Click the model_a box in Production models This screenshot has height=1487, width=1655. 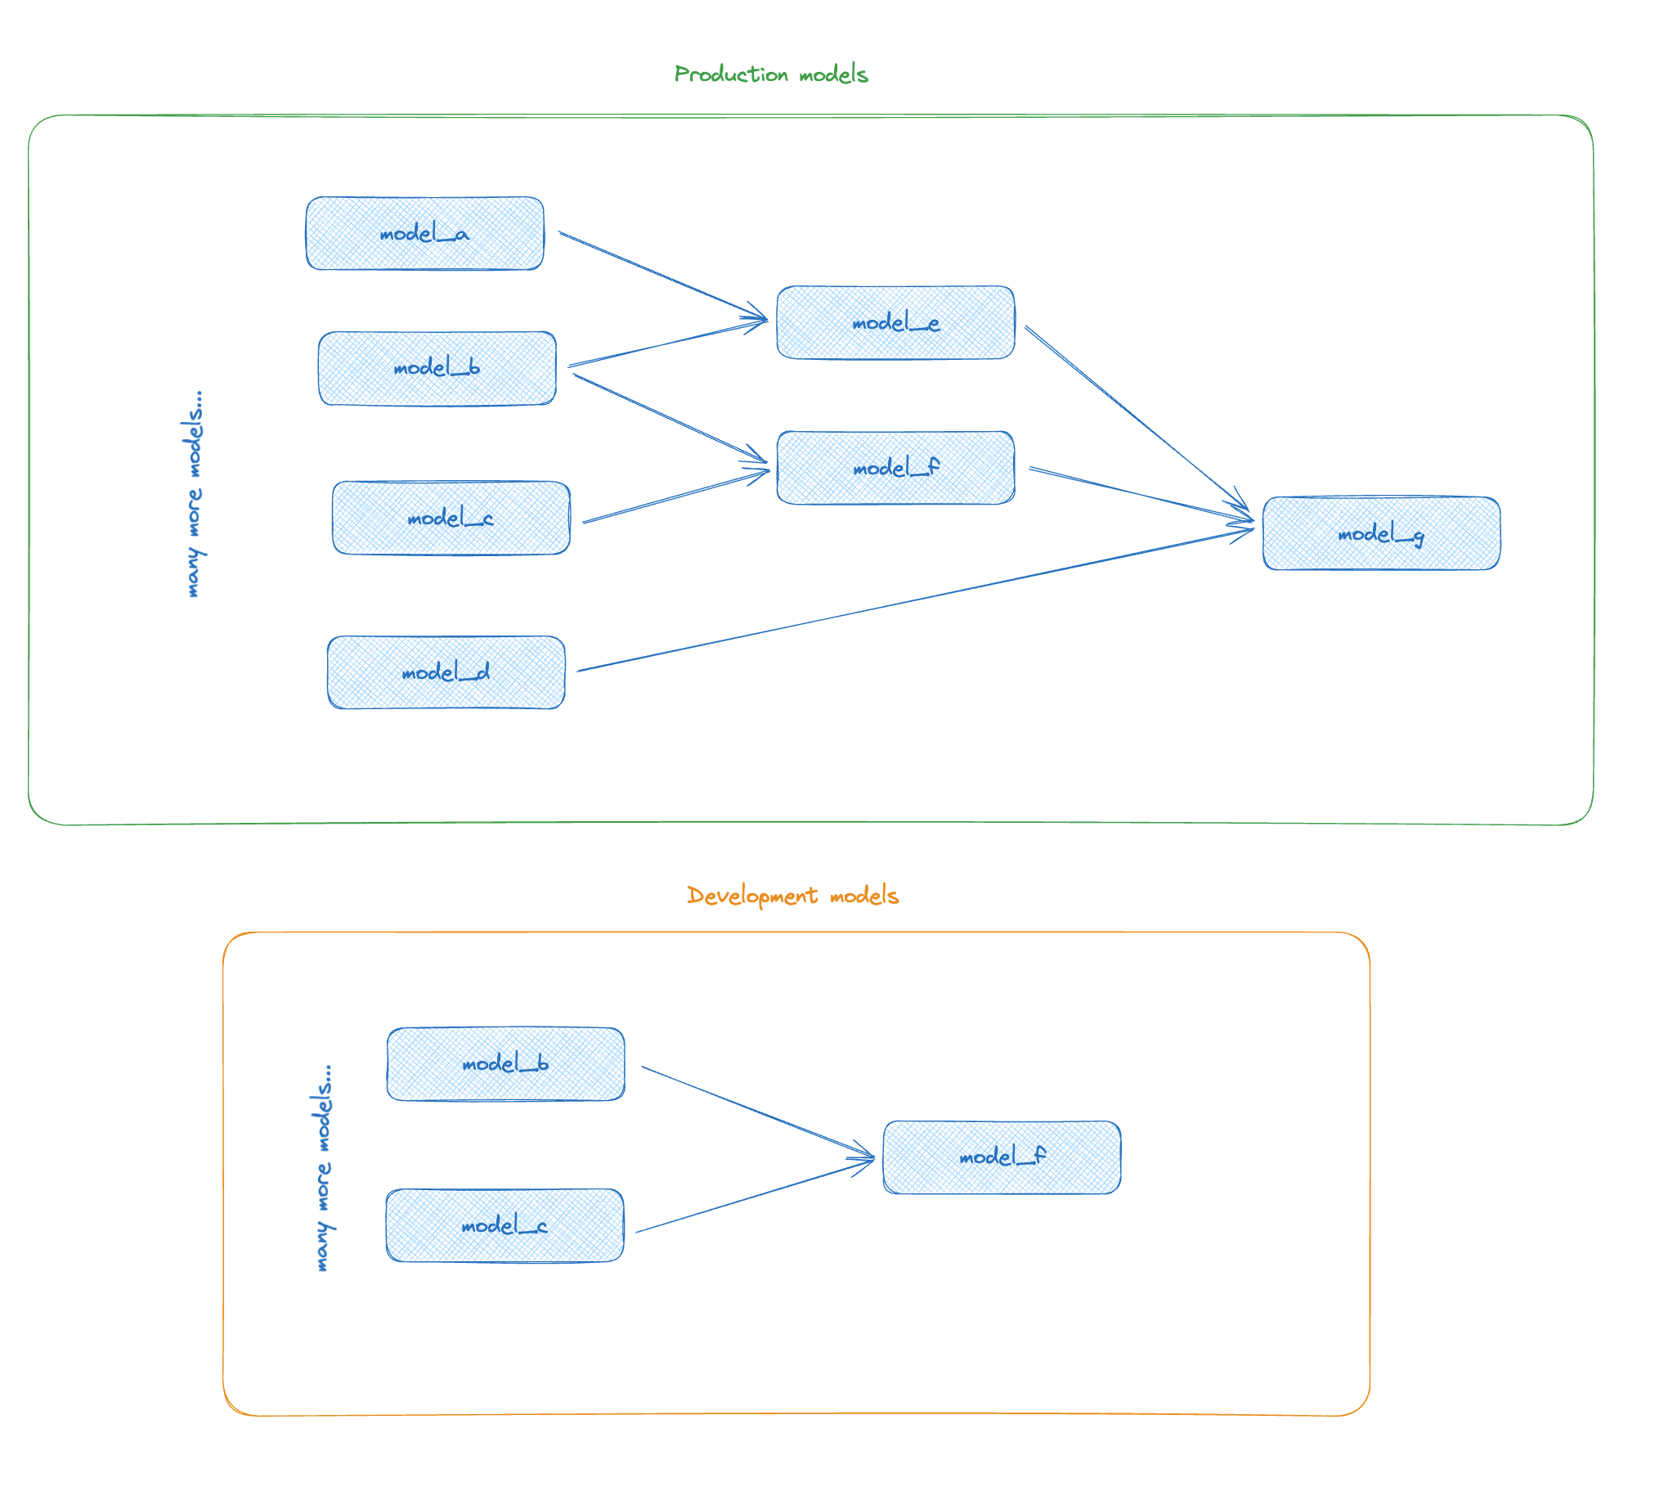[424, 233]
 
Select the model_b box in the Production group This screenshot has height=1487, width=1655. [437, 368]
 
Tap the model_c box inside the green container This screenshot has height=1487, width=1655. [451, 518]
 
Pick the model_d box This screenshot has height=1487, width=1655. [446, 672]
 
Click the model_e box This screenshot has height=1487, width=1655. [895, 322]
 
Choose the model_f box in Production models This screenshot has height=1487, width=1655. [895, 468]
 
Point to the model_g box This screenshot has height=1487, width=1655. [1381, 533]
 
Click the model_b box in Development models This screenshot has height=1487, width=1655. [505, 1064]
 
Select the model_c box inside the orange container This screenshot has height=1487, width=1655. [505, 1225]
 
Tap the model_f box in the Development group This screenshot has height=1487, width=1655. [1002, 1157]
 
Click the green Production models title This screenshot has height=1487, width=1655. [770, 74]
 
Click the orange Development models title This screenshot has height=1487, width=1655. [792, 896]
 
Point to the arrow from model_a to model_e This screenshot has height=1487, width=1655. [662, 275]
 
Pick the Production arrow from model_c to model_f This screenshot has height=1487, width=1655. [675, 496]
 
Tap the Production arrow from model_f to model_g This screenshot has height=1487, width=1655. [1140, 494]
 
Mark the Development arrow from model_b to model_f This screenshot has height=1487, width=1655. [757, 1112]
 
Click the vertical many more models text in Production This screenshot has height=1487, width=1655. [193, 494]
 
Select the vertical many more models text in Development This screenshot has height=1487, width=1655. [324, 1168]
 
